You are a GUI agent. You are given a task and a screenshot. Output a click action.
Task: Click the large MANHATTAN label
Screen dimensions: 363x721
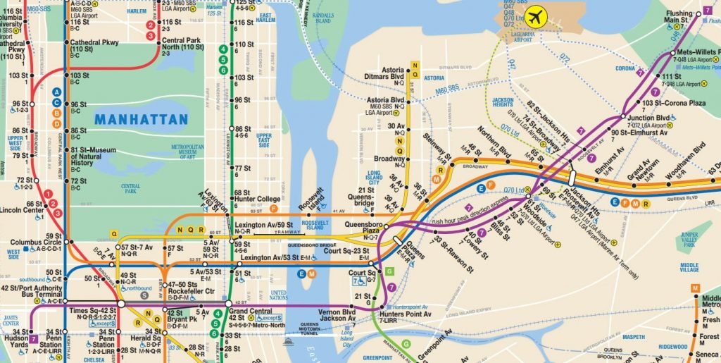tap(142, 119)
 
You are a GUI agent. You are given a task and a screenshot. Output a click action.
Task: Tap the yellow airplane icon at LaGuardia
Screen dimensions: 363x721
tap(537, 15)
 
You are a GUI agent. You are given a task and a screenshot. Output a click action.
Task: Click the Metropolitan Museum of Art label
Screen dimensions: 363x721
tap(187, 152)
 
